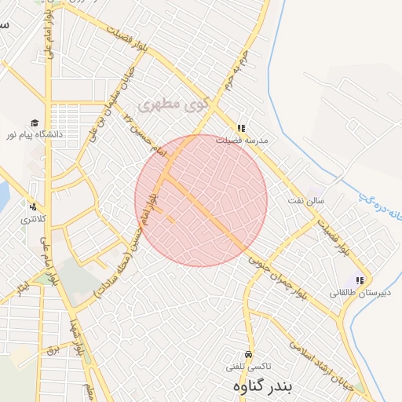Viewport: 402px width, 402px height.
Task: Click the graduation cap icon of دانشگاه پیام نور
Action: (x=35, y=122)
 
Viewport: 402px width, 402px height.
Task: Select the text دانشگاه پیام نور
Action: (x=35, y=135)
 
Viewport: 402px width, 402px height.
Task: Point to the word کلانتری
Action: (x=32, y=217)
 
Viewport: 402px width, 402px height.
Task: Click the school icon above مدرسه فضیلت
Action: (x=241, y=128)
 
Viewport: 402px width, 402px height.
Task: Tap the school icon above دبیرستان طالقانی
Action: (x=360, y=280)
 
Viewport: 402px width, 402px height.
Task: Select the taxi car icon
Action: (x=249, y=354)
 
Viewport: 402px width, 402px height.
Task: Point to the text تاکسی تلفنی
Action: (x=248, y=367)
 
